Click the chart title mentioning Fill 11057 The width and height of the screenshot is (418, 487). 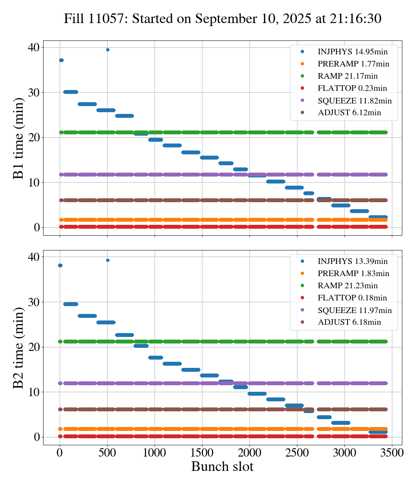coord(222,19)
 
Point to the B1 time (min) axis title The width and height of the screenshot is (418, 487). coord(18,138)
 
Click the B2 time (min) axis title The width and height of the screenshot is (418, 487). coord(18,348)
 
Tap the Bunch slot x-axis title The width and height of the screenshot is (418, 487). coord(222,467)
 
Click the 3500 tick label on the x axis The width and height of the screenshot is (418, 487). coord(392,452)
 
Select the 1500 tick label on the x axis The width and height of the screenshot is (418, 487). coord(202,452)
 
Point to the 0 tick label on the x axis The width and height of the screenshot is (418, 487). coord(60,452)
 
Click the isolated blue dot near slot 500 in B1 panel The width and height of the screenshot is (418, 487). coord(108,50)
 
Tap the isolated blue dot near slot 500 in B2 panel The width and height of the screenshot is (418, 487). coord(108,260)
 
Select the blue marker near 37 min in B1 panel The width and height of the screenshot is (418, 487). coord(61,60)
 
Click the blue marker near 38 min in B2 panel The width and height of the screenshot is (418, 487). coord(60,265)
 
